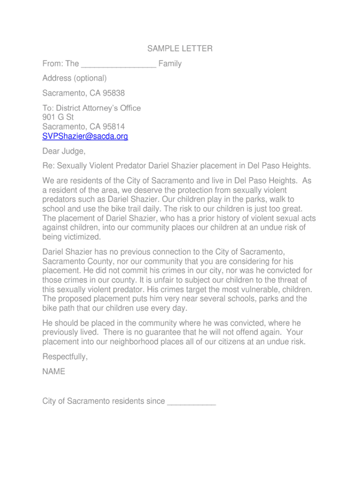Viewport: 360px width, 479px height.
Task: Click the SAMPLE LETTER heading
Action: click(180, 49)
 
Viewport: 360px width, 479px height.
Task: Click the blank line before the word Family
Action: click(118, 64)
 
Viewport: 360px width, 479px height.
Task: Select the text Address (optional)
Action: click(75, 78)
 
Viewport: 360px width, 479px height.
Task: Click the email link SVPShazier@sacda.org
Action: click(85, 136)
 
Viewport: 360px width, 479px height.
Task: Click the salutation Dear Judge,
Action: click(64, 151)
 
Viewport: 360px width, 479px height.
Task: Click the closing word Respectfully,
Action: click(65, 357)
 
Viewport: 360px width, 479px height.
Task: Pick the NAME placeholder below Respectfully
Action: click(54, 372)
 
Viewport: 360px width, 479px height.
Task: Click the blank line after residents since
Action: click(191, 401)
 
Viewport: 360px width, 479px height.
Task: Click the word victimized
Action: click(79, 237)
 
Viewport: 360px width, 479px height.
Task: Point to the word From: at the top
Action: click(53, 64)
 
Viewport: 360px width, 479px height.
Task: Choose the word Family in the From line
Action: click(170, 64)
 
